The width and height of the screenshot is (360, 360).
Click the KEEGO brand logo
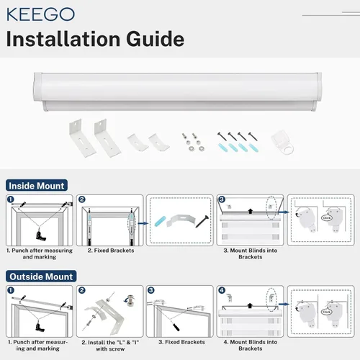click(x=40, y=14)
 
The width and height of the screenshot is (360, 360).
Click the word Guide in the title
click(x=156, y=39)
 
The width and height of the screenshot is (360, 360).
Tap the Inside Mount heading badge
click(x=37, y=186)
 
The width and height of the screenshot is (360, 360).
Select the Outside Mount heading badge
click(x=41, y=276)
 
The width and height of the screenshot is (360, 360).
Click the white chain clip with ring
click(x=283, y=143)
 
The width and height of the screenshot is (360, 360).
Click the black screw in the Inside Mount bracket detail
click(x=202, y=222)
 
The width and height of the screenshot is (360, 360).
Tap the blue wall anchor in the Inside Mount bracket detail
click(x=160, y=221)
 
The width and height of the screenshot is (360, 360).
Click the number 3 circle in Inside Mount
click(x=222, y=199)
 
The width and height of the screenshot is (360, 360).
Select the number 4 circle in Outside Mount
click(x=222, y=290)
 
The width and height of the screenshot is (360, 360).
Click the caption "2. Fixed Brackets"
click(x=111, y=251)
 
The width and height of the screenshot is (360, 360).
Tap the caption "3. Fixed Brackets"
click(x=181, y=342)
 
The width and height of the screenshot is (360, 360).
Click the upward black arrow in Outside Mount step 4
click(x=250, y=305)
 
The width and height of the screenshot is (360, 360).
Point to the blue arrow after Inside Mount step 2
click(x=143, y=223)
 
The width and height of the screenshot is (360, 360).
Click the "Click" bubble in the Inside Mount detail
click(x=327, y=218)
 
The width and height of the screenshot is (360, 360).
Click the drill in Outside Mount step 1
click(x=40, y=327)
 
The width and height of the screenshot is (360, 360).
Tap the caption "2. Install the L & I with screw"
click(x=110, y=346)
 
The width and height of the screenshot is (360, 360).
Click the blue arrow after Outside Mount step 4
click(x=284, y=304)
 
